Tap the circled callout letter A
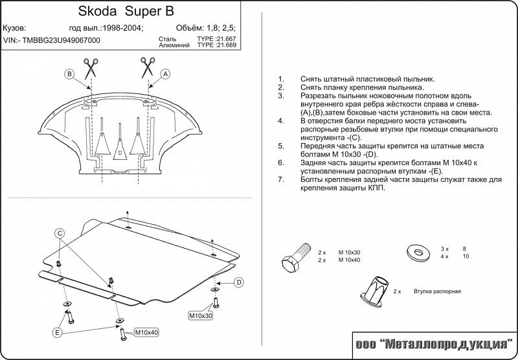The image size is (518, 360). point(166,74)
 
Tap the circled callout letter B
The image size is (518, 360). point(69,74)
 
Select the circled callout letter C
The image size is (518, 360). point(58,233)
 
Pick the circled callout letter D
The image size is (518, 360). point(238,282)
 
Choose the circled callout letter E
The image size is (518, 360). point(58,333)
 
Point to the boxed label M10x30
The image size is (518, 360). point(201,315)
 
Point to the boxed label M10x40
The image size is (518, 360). point(146,332)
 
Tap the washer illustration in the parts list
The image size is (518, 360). point(413,251)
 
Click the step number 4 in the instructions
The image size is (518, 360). point(280,121)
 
